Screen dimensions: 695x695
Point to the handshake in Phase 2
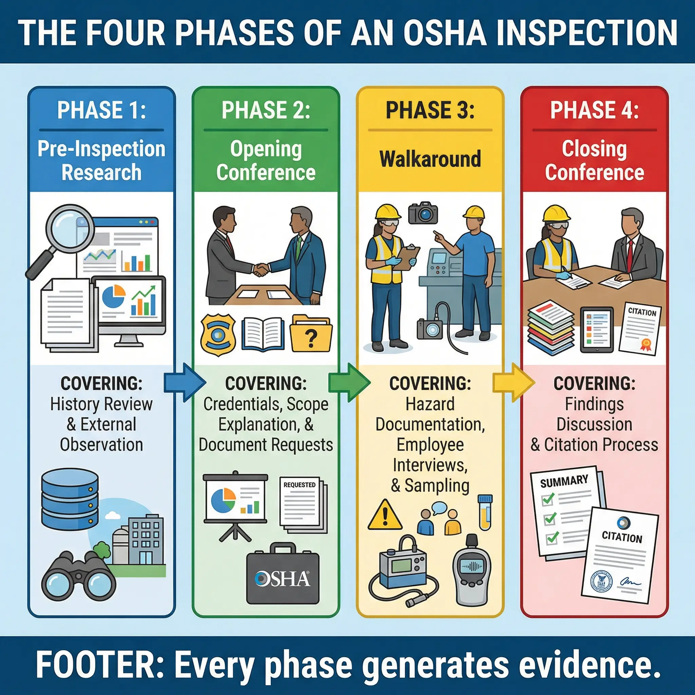[x=262, y=269]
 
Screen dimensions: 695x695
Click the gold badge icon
[x=218, y=334]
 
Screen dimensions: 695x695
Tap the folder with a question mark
[x=311, y=334]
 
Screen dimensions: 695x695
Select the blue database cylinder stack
[x=70, y=498]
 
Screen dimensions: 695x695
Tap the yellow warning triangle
[x=385, y=515]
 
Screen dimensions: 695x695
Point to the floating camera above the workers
[x=423, y=213]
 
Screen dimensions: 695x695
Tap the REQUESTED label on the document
[x=299, y=485]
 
